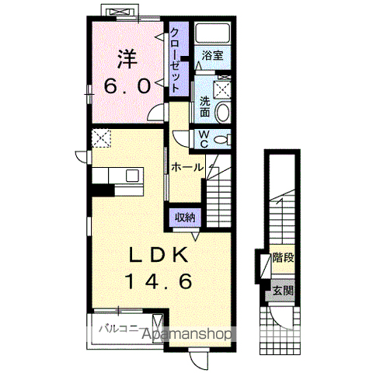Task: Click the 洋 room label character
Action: point(127,59)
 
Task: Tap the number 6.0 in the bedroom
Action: point(127,86)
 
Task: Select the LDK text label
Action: point(159,255)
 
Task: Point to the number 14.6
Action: point(159,281)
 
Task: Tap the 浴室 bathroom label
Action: point(212,55)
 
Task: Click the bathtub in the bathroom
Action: point(213,33)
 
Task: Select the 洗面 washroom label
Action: point(205,106)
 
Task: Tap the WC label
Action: point(204,139)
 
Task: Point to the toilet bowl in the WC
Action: point(221,140)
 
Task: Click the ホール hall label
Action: point(187,168)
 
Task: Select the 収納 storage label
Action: point(185,218)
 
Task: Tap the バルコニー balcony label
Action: point(120,329)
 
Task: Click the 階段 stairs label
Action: point(283,258)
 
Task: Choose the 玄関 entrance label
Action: point(283,291)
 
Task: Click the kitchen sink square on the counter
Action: point(133,176)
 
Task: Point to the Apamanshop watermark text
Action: point(186,334)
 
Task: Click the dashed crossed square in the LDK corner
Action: point(101,138)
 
